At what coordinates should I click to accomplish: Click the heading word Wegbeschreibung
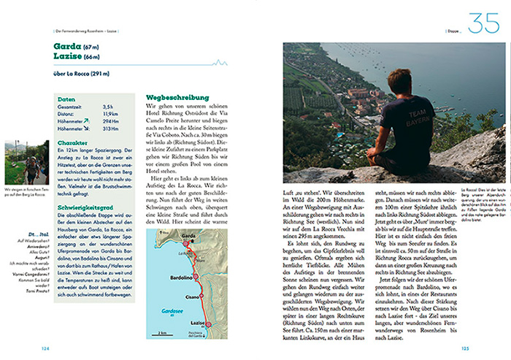click(x=177, y=97)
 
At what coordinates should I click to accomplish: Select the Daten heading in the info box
click(x=66, y=99)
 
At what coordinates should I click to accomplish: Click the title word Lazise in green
click(x=68, y=55)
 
